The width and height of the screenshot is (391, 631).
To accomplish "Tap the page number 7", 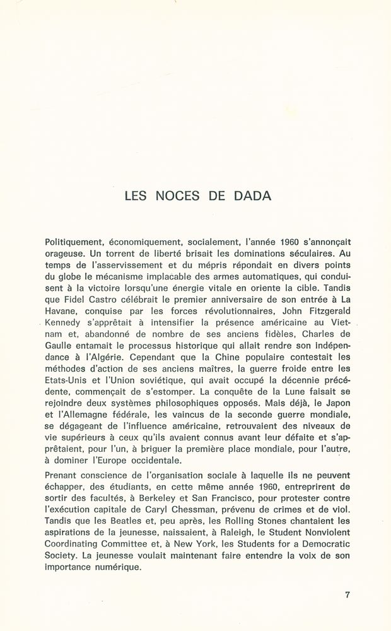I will (347, 594).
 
